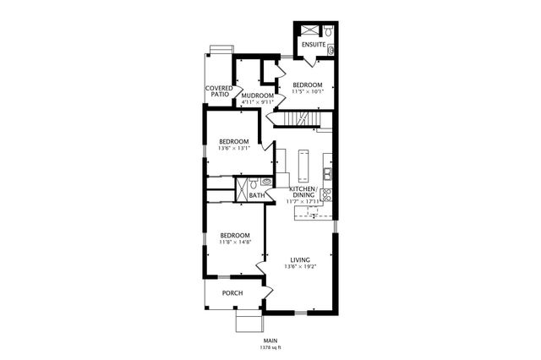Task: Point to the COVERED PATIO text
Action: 219,91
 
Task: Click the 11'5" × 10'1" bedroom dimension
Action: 308,93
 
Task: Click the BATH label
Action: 257,196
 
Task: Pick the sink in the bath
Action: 266,181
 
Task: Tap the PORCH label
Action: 232,293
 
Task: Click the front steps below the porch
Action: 249,322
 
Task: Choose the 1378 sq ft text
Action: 270,347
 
